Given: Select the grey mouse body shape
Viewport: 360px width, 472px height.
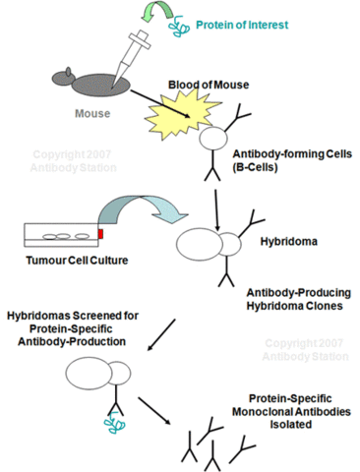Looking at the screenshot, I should pyautogui.click(x=92, y=88).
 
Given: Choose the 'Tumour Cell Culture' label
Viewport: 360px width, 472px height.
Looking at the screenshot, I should pyautogui.click(x=64, y=261).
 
